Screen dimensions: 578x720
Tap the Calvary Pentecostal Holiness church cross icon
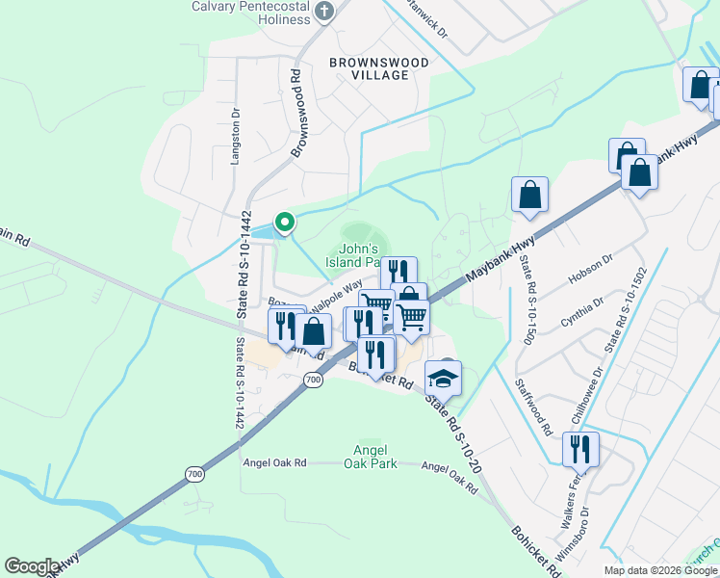pyautogui.click(x=324, y=11)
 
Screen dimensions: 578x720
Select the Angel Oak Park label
pyautogui.click(x=370, y=456)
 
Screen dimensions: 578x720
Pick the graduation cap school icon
pyautogui.click(x=444, y=377)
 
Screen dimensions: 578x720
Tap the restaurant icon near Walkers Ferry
pyautogui.click(x=580, y=448)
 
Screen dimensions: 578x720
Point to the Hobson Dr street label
pyautogui.click(x=593, y=265)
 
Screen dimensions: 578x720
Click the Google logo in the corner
pyautogui.click(x=32, y=566)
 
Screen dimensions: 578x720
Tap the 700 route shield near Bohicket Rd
pyautogui.click(x=313, y=381)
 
